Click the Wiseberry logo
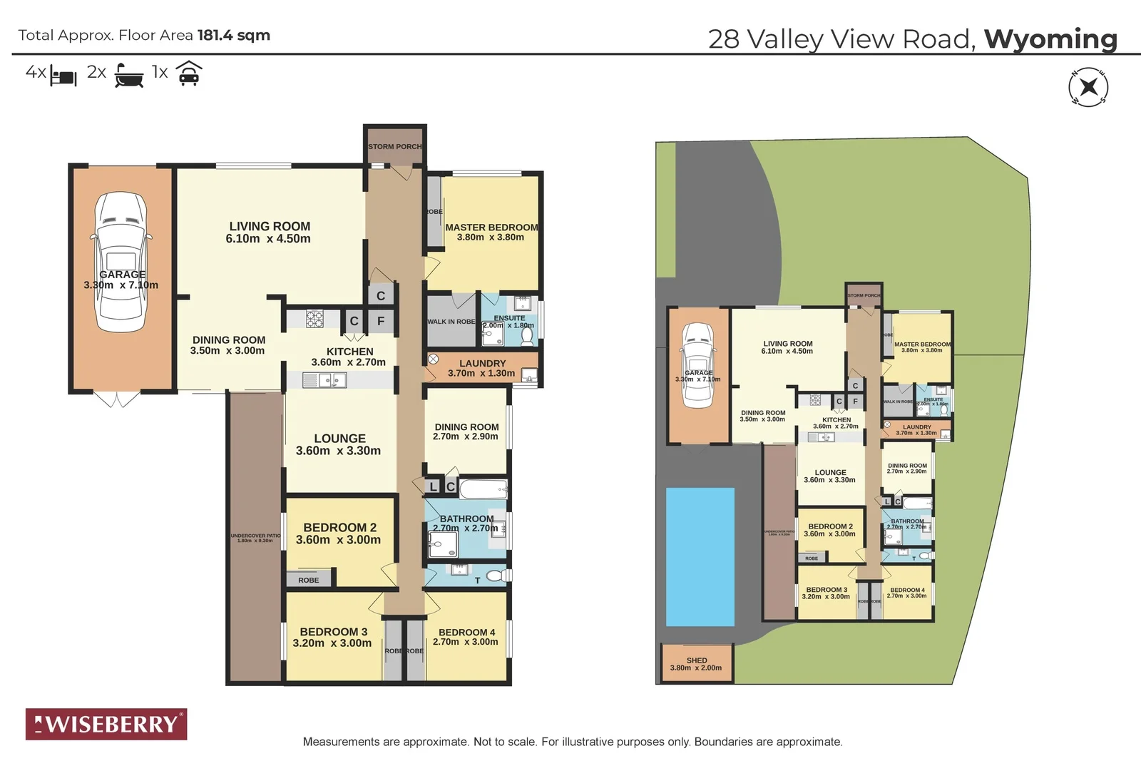pyautogui.click(x=106, y=724)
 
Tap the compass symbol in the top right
pyautogui.click(x=1088, y=88)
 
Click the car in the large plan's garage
pyautogui.click(x=122, y=262)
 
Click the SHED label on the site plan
pyautogui.click(x=697, y=660)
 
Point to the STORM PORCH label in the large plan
pyautogui.click(x=395, y=147)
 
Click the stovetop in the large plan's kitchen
pyautogui.click(x=314, y=318)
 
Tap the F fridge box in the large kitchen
pyautogui.click(x=381, y=321)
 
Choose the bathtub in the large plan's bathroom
pyautogui.click(x=483, y=489)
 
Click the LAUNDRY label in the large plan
pyautogui.click(x=482, y=363)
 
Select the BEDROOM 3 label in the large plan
pyautogui.click(x=333, y=632)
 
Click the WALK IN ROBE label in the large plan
pyautogui.click(x=451, y=322)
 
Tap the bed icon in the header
pyautogui.click(x=63, y=76)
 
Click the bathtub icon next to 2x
pyautogui.click(x=129, y=75)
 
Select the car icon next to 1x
pyautogui.click(x=189, y=73)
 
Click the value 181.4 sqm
pyautogui.click(x=233, y=35)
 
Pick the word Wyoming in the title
pyautogui.click(x=1050, y=39)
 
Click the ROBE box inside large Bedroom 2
pyautogui.click(x=309, y=580)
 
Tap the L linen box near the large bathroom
pyautogui.click(x=433, y=486)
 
